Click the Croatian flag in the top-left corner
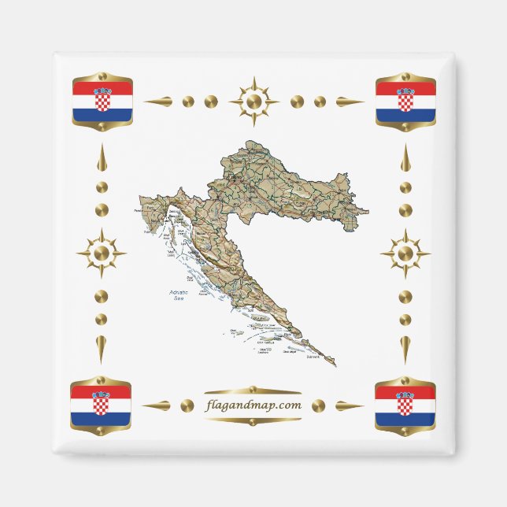point(102,102)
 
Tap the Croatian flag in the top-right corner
point(405,102)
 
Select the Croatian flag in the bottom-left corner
point(101,406)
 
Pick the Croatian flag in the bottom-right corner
point(405,406)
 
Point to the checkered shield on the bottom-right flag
point(405,405)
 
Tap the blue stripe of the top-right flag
point(405,115)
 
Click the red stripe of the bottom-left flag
point(101,393)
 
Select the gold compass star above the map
point(253,102)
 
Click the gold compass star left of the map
point(101,253)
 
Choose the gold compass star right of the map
point(405,253)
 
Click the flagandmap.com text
point(252,405)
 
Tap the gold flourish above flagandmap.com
point(252,390)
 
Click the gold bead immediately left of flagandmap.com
point(187,405)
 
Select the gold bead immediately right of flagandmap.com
point(318,405)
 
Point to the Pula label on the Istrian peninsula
point(147,233)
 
